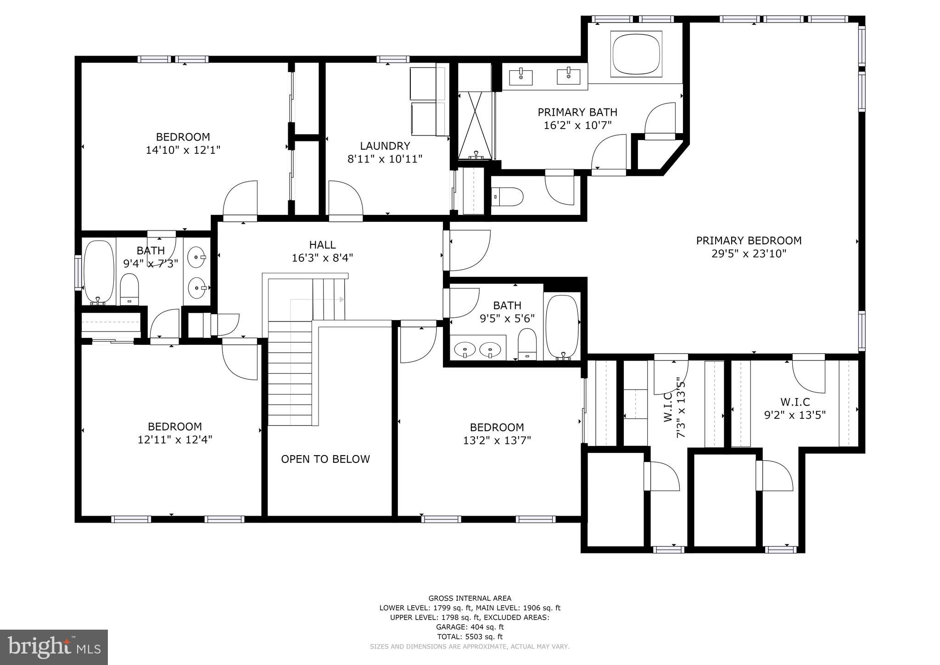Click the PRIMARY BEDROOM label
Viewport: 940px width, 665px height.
pyautogui.click(x=749, y=241)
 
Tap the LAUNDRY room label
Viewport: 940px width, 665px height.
pyautogui.click(x=385, y=146)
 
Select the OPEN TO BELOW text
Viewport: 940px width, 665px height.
pyautogui.click(x=325, y=459)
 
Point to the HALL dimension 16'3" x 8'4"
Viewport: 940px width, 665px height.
pyautogui.click(x=322, y=258)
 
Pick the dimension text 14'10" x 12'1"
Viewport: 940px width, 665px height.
pyautogui.click(x=183, y=150)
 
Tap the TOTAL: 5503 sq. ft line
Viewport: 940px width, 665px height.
pyautogui.click(x=470, y=637)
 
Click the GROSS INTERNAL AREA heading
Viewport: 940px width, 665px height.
pyautogui.click(x=470, y=598)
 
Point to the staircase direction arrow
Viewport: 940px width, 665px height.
pyautogui.click(x=341, y=299)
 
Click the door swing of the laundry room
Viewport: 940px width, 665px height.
pyautogui.click(x=345, y=197)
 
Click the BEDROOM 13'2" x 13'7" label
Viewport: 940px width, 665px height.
pyautogui.click(x=497, y=434)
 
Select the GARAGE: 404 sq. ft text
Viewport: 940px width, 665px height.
pyautogui.click(x=470, y=627)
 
